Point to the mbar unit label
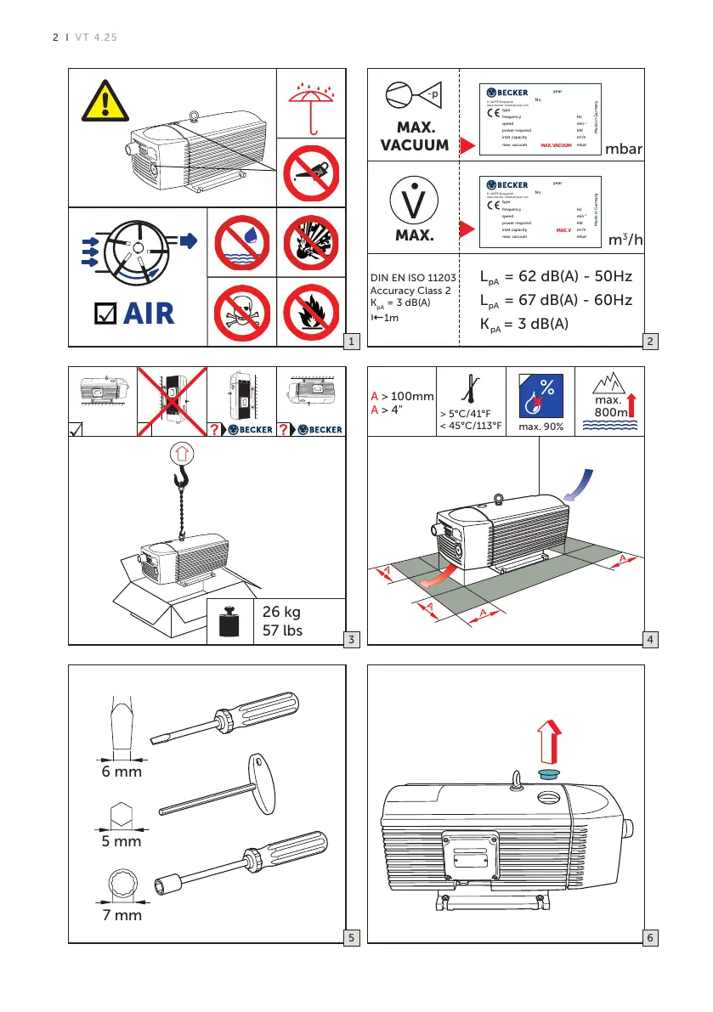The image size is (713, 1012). [623, 149]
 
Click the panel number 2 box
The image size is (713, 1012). [649, 342]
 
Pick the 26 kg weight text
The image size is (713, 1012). [283, 611]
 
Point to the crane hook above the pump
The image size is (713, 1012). [180, 482]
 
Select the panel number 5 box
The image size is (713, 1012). [351, 938]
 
